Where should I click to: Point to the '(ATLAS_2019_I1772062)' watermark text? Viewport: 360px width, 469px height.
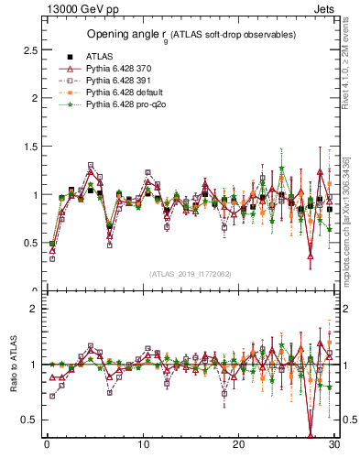click(191, 273)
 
